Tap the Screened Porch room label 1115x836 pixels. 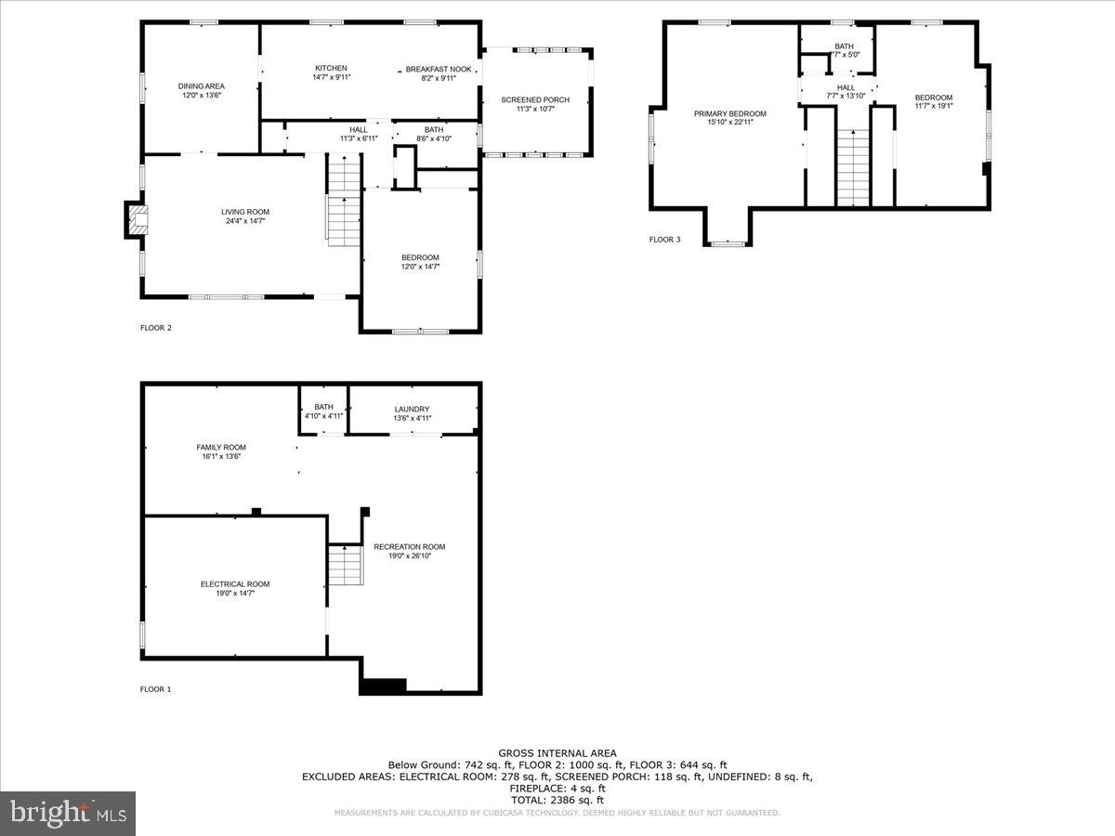tap(535, 100)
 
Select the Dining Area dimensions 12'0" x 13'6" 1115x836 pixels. tap(202, 95)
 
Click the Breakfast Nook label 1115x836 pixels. tap(438, 69)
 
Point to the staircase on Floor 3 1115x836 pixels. tap(853, 167)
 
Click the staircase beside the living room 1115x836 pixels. tap(343, 199)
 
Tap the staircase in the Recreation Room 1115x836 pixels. tap(346, 565)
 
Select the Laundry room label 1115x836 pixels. tap(412, 409)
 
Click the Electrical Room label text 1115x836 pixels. tap(235, 584)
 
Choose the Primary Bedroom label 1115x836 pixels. tap(730, 113)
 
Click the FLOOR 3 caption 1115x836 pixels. tap(664, 240)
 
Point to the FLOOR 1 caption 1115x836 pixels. tap(156, 689)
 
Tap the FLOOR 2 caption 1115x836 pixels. tap(156, 327)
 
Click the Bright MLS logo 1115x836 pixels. tap(68, 814)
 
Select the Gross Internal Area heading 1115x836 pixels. tap(557, 753)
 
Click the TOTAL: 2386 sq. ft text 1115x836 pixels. tap(557, 800)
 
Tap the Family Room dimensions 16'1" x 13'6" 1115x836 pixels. tap(221, 456)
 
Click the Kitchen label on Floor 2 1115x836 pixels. tap(331, 69)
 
